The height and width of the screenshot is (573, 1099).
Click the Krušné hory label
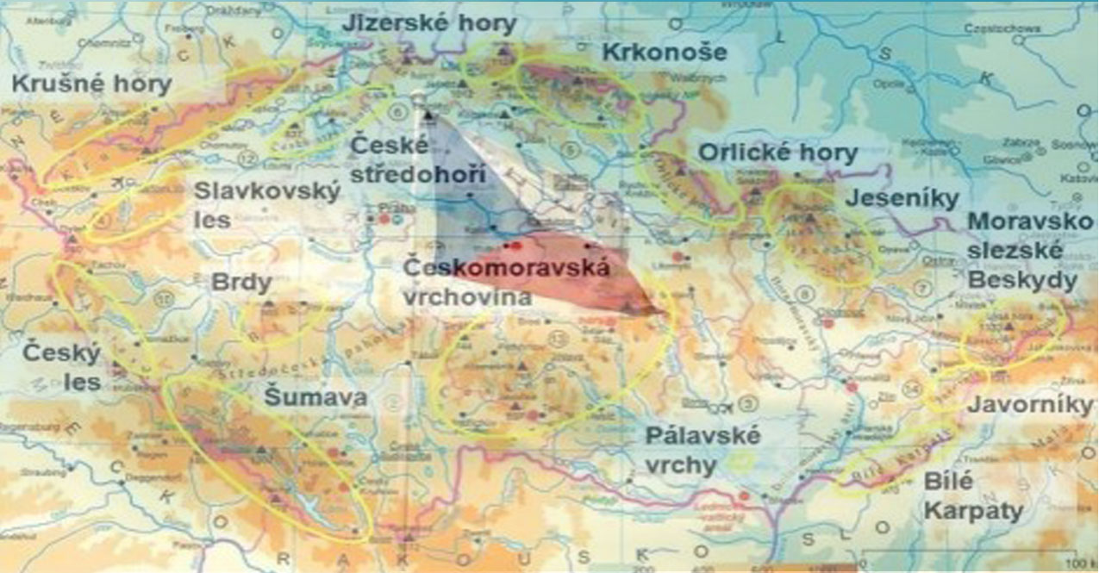pyautogui.click(x=92, y=84)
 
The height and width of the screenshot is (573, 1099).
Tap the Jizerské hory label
pyautogui.click(x=429, y=24)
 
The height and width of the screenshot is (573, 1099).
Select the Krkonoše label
pyautogui.click(x=664, y=52)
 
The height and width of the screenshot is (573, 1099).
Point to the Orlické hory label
pyautogui.click(x=777, y=153)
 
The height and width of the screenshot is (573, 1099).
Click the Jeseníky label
pyautogui.click(x=902, y=198)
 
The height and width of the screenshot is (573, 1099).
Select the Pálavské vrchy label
pyautogui.click(x=702, y=450)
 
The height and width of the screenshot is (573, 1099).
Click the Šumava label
pyautogui.click(x=315, y=397)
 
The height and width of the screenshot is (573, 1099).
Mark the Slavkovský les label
pyautogui.click(x=267, y=205)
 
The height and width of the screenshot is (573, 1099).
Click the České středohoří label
pyautogui.click(x=418, y=160)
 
